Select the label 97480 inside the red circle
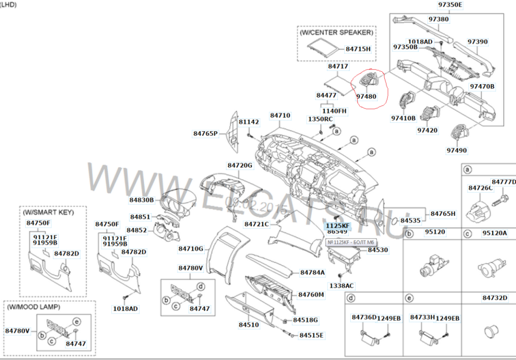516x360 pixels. click(366, 96)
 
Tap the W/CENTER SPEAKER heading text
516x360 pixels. click(336, 32)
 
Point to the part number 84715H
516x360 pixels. click(358, 49)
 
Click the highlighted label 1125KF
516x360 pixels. click(337, 226)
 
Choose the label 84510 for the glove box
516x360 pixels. click(249, 325)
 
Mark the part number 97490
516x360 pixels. click(457, 150)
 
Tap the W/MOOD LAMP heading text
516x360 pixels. click(34, 307)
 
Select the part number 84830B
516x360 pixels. click(142, 200)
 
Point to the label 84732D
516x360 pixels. click(495, 298)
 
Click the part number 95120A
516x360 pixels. click(494, 232)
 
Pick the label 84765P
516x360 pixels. click(206, 133)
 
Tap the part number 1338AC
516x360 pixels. click(341, 285)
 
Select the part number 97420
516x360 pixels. click(428, 131)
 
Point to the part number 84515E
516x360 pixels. click(311, 335)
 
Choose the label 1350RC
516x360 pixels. click(320, 119)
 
